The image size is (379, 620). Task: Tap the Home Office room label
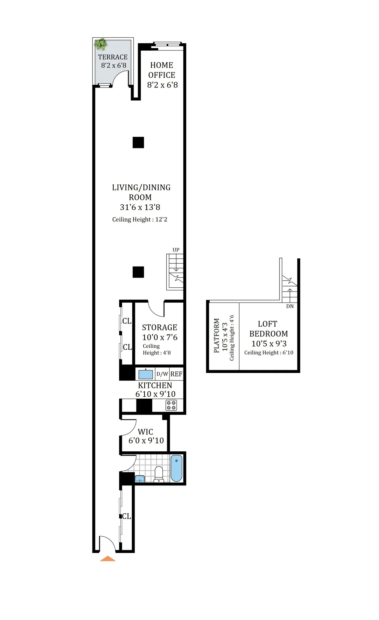pos(162,70)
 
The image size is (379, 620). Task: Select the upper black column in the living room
pos(138,142)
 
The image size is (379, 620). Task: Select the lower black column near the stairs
pos(138,272)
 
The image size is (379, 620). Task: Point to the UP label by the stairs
pos(176,250)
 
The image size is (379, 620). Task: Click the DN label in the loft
pos(290,306)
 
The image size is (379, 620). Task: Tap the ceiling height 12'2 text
pos(140,220)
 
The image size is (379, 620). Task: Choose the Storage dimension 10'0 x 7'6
pos(160,337)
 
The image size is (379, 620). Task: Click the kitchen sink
pos(146,374)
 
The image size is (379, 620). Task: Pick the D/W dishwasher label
pos(162,374)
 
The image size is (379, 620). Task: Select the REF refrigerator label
pos(176,374)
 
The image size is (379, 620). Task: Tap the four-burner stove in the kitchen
pos(171,406)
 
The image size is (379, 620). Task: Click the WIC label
pos(145,432)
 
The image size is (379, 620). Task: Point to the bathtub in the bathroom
pos(176,468)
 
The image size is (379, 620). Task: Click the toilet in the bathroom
pos(159,474)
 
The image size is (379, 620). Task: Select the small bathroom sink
pos(140,479)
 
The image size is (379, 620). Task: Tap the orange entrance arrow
pos(108,559)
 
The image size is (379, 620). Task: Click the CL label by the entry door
pos(127,516)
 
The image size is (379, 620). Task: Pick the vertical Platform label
pos(216,335)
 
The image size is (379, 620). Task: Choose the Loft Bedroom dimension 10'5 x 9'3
pos(269,344)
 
